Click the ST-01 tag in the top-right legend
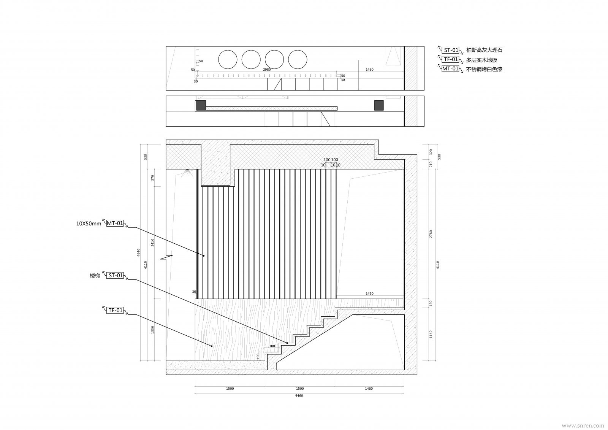point(451,50)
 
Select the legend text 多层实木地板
point(481,60)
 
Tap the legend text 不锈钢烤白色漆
point(484,70)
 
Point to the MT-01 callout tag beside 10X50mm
point(115,223)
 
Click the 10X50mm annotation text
point(89,224)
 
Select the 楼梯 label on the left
point(95,276)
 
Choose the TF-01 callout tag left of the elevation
point(116,310)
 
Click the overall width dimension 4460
point(299,396)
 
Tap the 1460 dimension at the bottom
point(369,389)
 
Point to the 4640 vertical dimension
point(139,252)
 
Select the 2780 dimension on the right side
point(431,234)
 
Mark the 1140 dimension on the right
point(431,334)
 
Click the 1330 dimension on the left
point(153,330)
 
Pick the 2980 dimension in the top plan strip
point(267,70)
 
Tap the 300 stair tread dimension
point(272,346)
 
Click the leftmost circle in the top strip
point(228,60)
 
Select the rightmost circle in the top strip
point(298,60)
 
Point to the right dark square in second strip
point(379,105)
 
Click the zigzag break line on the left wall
point(166,257)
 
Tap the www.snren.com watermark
point(583,425)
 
